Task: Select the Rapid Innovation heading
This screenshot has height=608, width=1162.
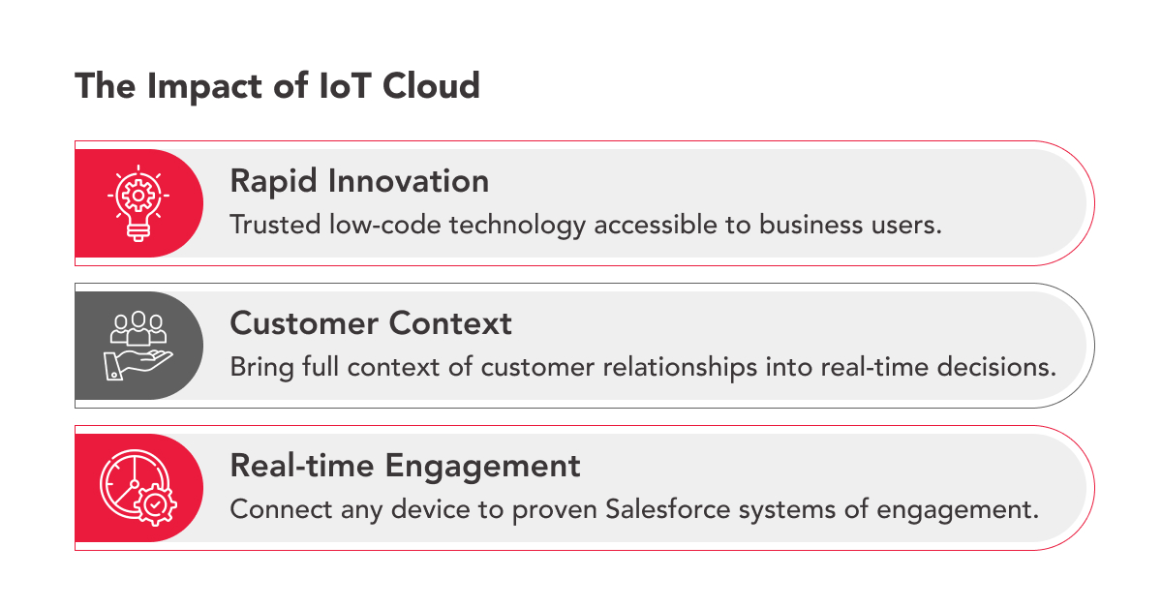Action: [x=359, y=181]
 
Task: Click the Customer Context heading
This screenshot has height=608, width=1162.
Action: [x=371, y=323]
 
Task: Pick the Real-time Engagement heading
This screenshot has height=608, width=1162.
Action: [x=405, y=466]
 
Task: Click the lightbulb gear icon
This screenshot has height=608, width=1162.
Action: [x=138, y=202]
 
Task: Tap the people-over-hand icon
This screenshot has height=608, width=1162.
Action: [x=138, y=346]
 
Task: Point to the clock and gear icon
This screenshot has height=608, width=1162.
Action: [x=138, y=488]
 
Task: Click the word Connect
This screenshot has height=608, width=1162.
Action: [x=274, y=509]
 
